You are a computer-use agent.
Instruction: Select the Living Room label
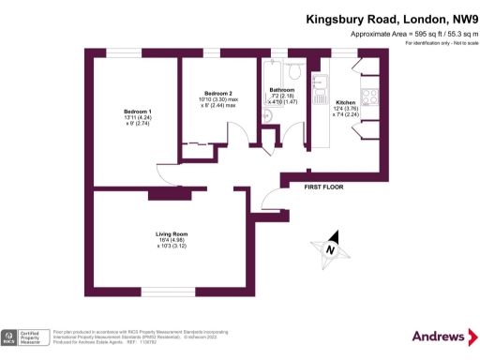click(x=172, y=233)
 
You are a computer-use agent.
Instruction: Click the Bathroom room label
click(x=282, y=90)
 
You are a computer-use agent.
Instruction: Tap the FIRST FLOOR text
click(x=323, y=187)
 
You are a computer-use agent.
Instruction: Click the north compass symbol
click(x=330, y=249)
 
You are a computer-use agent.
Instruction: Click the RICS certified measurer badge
click(x=25, y=337)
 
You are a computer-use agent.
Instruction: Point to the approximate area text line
click(x=409, y=34)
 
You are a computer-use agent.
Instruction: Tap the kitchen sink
click(x=317, y=74)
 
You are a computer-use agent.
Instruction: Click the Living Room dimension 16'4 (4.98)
click(x=172, y=241)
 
